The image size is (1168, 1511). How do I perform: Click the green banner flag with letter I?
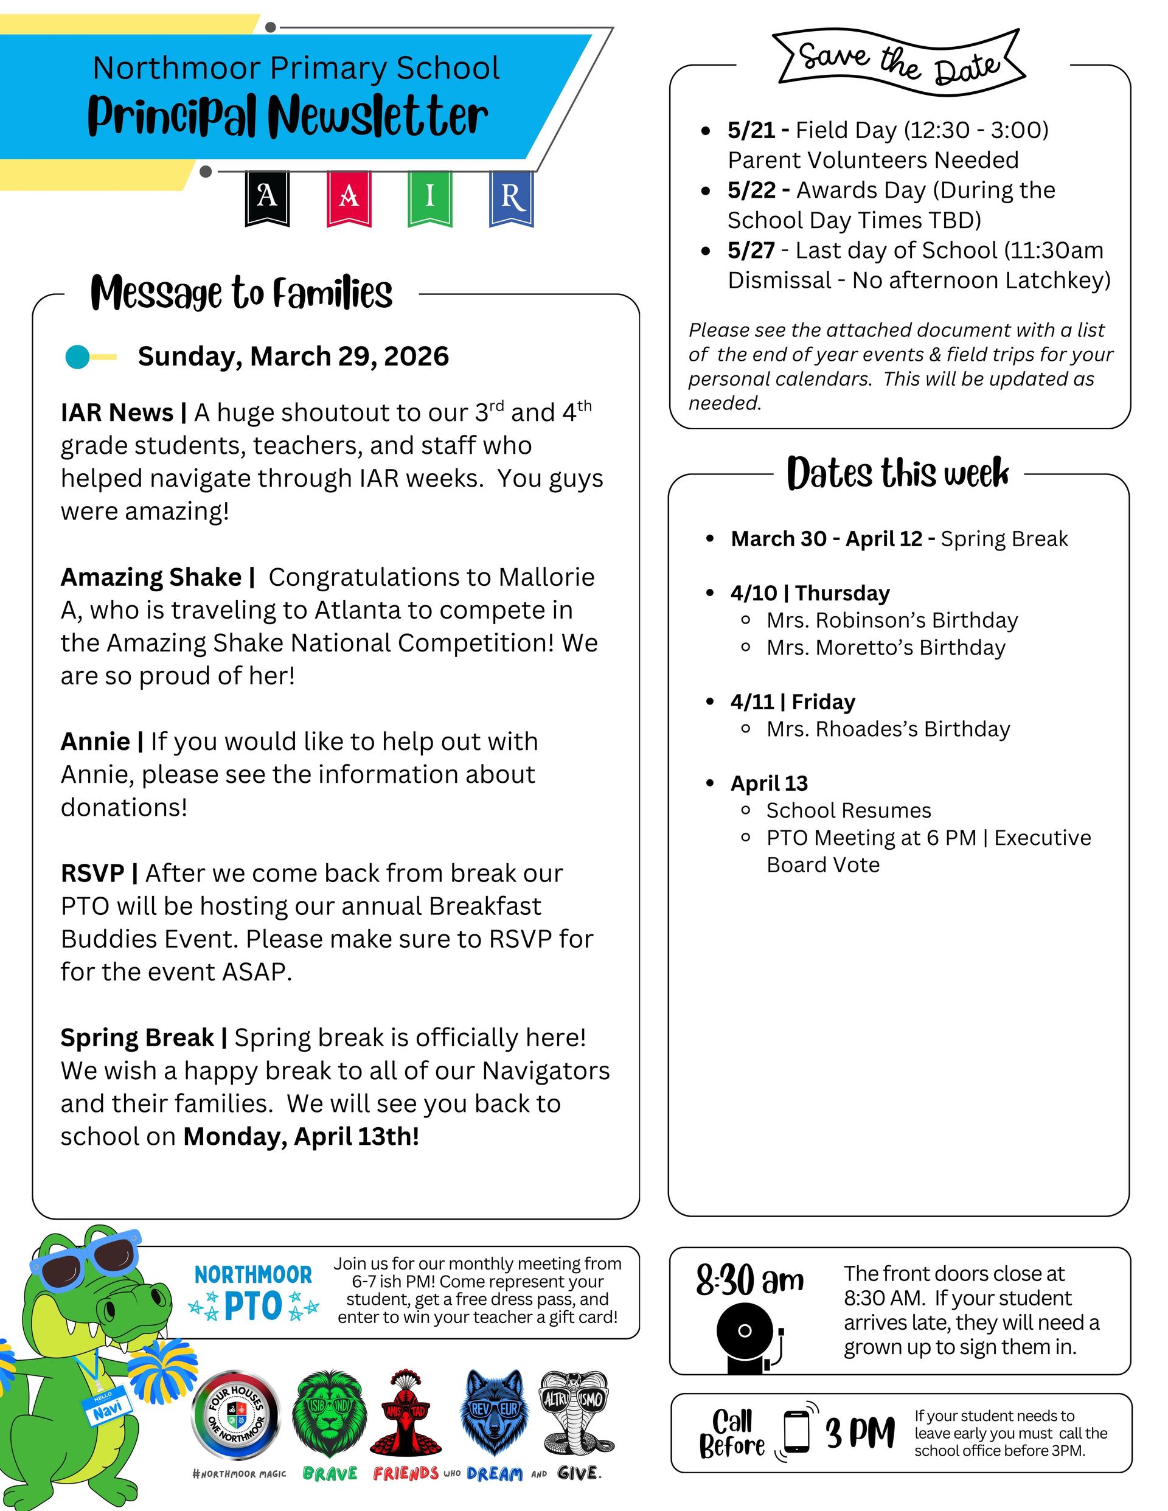(x=429, y=198)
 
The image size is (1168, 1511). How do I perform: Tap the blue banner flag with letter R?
(x=512, y=198)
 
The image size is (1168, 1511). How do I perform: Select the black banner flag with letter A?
(x=267, y=198)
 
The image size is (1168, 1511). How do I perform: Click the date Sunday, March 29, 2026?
(x=293, y=356)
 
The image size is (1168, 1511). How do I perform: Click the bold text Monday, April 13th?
(x=301, y=1136)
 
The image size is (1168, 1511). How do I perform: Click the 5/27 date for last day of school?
(x=751, y=251)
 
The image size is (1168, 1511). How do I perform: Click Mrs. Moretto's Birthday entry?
(x=886, y=648)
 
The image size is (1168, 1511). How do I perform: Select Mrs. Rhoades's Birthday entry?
(x=888, y=729)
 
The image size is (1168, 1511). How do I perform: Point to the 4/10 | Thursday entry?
(x=810, y=593)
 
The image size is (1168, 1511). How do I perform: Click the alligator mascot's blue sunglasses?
(x=86, y=1260)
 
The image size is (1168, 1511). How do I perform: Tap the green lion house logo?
(x=328, y=1412)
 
